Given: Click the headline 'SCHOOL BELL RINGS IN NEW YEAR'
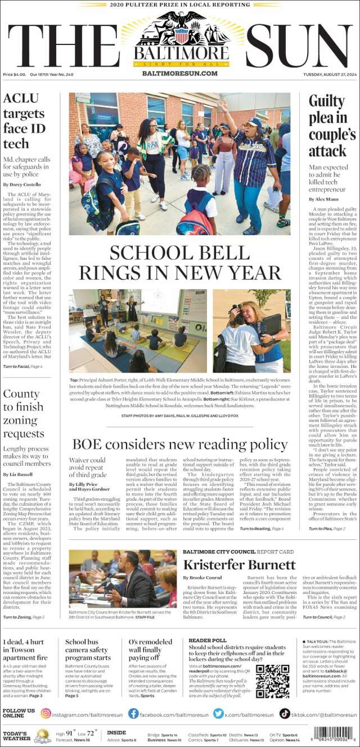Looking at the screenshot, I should [x=180, y=262].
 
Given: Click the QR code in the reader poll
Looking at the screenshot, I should [x=272, y=681].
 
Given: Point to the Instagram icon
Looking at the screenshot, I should [x=46, y=714].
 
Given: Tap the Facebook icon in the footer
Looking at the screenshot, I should [x=133, y=714].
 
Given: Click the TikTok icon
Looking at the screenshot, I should [x=285, y=714].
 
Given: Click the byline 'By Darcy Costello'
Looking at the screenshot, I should [x=22, y=184].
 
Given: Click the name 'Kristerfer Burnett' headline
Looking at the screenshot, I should [x=239, y=565].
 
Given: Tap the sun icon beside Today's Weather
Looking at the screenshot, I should [x=42, y=735].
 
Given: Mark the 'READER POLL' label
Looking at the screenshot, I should [x=208, y=640].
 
